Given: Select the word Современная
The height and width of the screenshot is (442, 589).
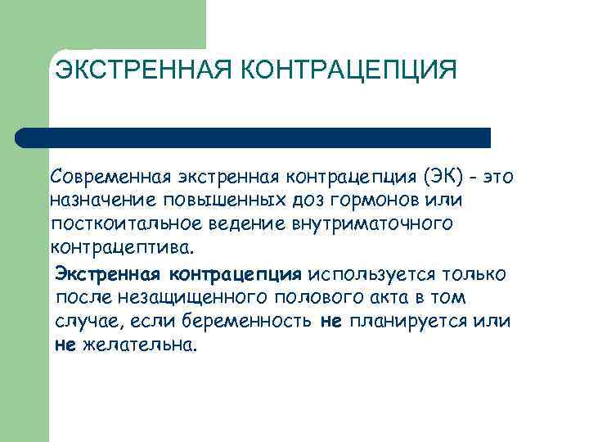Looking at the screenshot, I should click(106, 177).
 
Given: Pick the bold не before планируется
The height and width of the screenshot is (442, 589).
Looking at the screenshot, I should click(330, 321).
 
